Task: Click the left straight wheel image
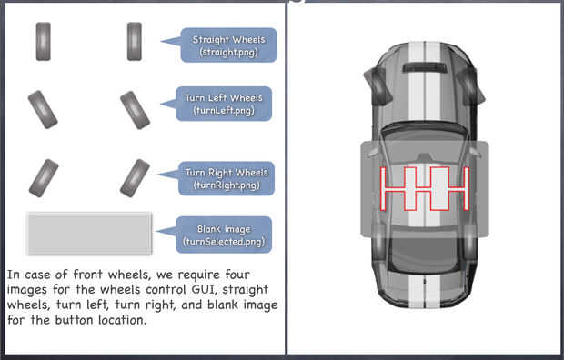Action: coord(43,41)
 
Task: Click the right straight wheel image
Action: coord(134,41)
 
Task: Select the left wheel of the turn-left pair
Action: coord(43,110)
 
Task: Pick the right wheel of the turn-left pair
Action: coord(136,110)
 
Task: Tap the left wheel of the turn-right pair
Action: coord(44,178)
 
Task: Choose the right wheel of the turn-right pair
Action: coord(135,178)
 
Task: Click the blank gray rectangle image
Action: coord(89,234)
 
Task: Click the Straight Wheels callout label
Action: coord(228,45)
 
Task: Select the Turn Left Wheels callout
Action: coord(224,104)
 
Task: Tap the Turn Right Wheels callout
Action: coord(227,178)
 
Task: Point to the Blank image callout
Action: coord(224,235)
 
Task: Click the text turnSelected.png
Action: coord(224,241)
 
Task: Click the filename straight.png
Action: coord(228,52)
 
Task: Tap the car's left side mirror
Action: coord(377,85)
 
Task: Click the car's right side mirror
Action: coord(470,85)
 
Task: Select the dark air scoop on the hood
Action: coord(425,67)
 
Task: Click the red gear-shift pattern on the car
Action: coord(425,188)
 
